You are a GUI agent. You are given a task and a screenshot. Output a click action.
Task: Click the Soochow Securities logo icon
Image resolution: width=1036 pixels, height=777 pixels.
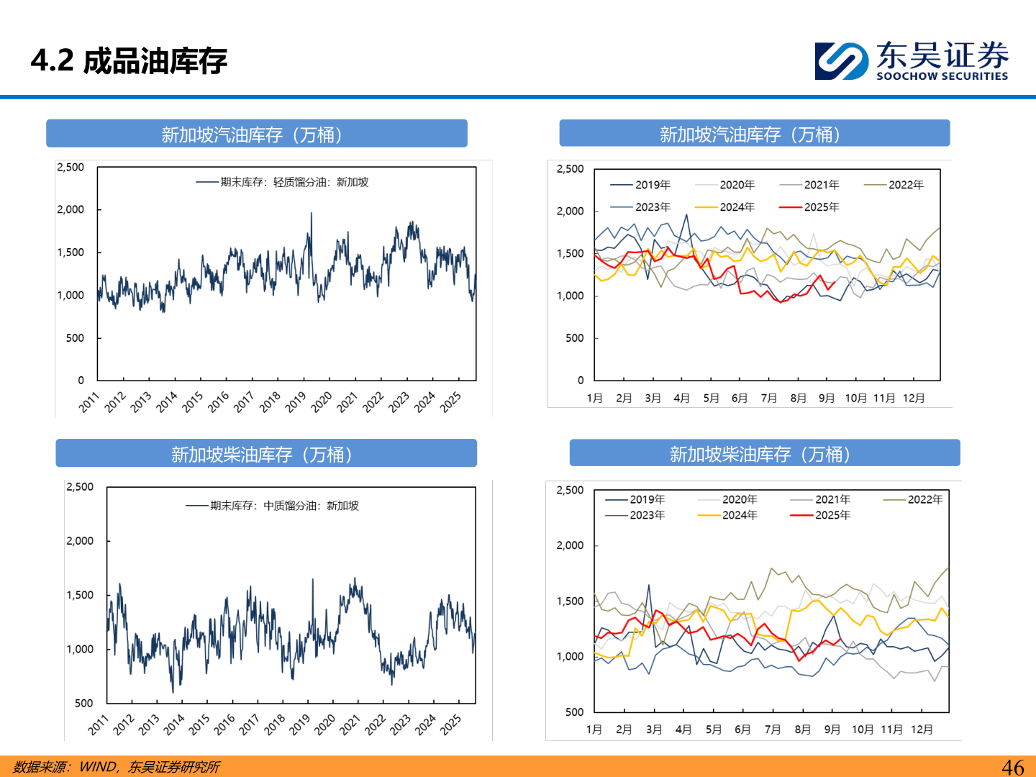pyautogui.click(x=840, y=61)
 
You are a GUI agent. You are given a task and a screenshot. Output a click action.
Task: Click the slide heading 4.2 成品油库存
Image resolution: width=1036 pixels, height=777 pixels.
pyautogui.click(x=129, y=61)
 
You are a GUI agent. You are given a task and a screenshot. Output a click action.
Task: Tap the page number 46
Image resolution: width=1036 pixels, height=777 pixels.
pyautogui.click(x=1013, y=767)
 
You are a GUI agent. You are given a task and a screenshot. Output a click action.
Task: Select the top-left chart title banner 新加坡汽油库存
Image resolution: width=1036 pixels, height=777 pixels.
pyautogui.click(x=257, y=135)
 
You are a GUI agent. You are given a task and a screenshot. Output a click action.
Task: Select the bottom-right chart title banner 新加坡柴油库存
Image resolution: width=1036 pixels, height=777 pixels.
pyautogui.click(x=764, y=454)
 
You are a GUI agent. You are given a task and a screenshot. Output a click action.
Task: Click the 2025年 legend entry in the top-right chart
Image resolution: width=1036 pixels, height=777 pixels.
pyautogui.click(x=821, y=207)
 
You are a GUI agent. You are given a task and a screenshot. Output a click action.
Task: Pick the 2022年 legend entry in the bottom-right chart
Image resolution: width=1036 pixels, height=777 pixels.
pyautogui.click(x=924, y=499)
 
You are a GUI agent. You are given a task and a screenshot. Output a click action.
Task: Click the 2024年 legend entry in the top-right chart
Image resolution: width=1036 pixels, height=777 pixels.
pyautogui.click(x=737, y=207)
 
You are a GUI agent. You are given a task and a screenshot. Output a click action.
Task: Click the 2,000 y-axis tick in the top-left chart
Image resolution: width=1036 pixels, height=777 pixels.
pyautogui.click(x=71, y=209)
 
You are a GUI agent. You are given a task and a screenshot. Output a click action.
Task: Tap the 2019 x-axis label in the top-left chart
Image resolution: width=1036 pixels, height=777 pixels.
pyautogui.click(x=296, y=402)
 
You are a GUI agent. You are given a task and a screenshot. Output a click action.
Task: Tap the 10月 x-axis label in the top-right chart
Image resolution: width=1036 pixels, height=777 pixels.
pyautogui.click(x=855, y=398)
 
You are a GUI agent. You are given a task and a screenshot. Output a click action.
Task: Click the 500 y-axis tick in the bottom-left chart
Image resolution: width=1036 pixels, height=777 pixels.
pyautogui.click(x=84, y=703)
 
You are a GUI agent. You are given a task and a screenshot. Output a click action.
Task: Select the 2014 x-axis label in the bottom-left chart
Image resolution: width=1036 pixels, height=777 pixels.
pyautogui.click(x=174, y=724)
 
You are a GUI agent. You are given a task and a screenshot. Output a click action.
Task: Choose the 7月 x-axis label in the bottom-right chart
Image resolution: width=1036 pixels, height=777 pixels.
pyautogui.click(x=773, y=730)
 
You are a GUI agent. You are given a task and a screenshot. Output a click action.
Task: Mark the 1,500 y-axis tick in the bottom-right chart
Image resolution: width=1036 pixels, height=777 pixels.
pyautogui.click(x=570, y=601)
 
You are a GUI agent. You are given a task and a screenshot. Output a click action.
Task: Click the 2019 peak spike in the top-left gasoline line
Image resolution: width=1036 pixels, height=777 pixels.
pyautogui.click(x=311, y=214)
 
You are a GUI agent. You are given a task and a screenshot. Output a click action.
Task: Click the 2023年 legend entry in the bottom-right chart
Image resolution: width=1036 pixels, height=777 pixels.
pyautogui.click(x=647, y=515)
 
